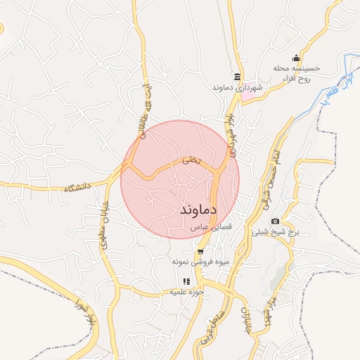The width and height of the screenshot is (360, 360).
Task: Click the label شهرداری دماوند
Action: tap(236, 88)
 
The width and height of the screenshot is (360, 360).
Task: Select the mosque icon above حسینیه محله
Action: tap(296, 58)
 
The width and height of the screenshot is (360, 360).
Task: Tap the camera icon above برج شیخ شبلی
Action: tap(275, 221)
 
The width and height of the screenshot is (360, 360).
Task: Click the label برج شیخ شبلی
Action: tap(275, 232)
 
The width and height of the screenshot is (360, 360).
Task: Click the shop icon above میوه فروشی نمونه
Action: tap(201, 251)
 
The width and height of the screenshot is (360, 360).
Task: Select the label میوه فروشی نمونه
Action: tap(201, 262)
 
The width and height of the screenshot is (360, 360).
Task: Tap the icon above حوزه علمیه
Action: tap(186, 281)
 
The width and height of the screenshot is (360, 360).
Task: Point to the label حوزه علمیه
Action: tap(186, 292)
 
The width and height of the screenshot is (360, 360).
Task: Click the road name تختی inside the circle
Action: tap(191, 161)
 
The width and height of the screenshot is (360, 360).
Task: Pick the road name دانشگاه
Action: tap(79, 188)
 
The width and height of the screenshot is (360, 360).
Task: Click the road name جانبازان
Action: tap(245, 320)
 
